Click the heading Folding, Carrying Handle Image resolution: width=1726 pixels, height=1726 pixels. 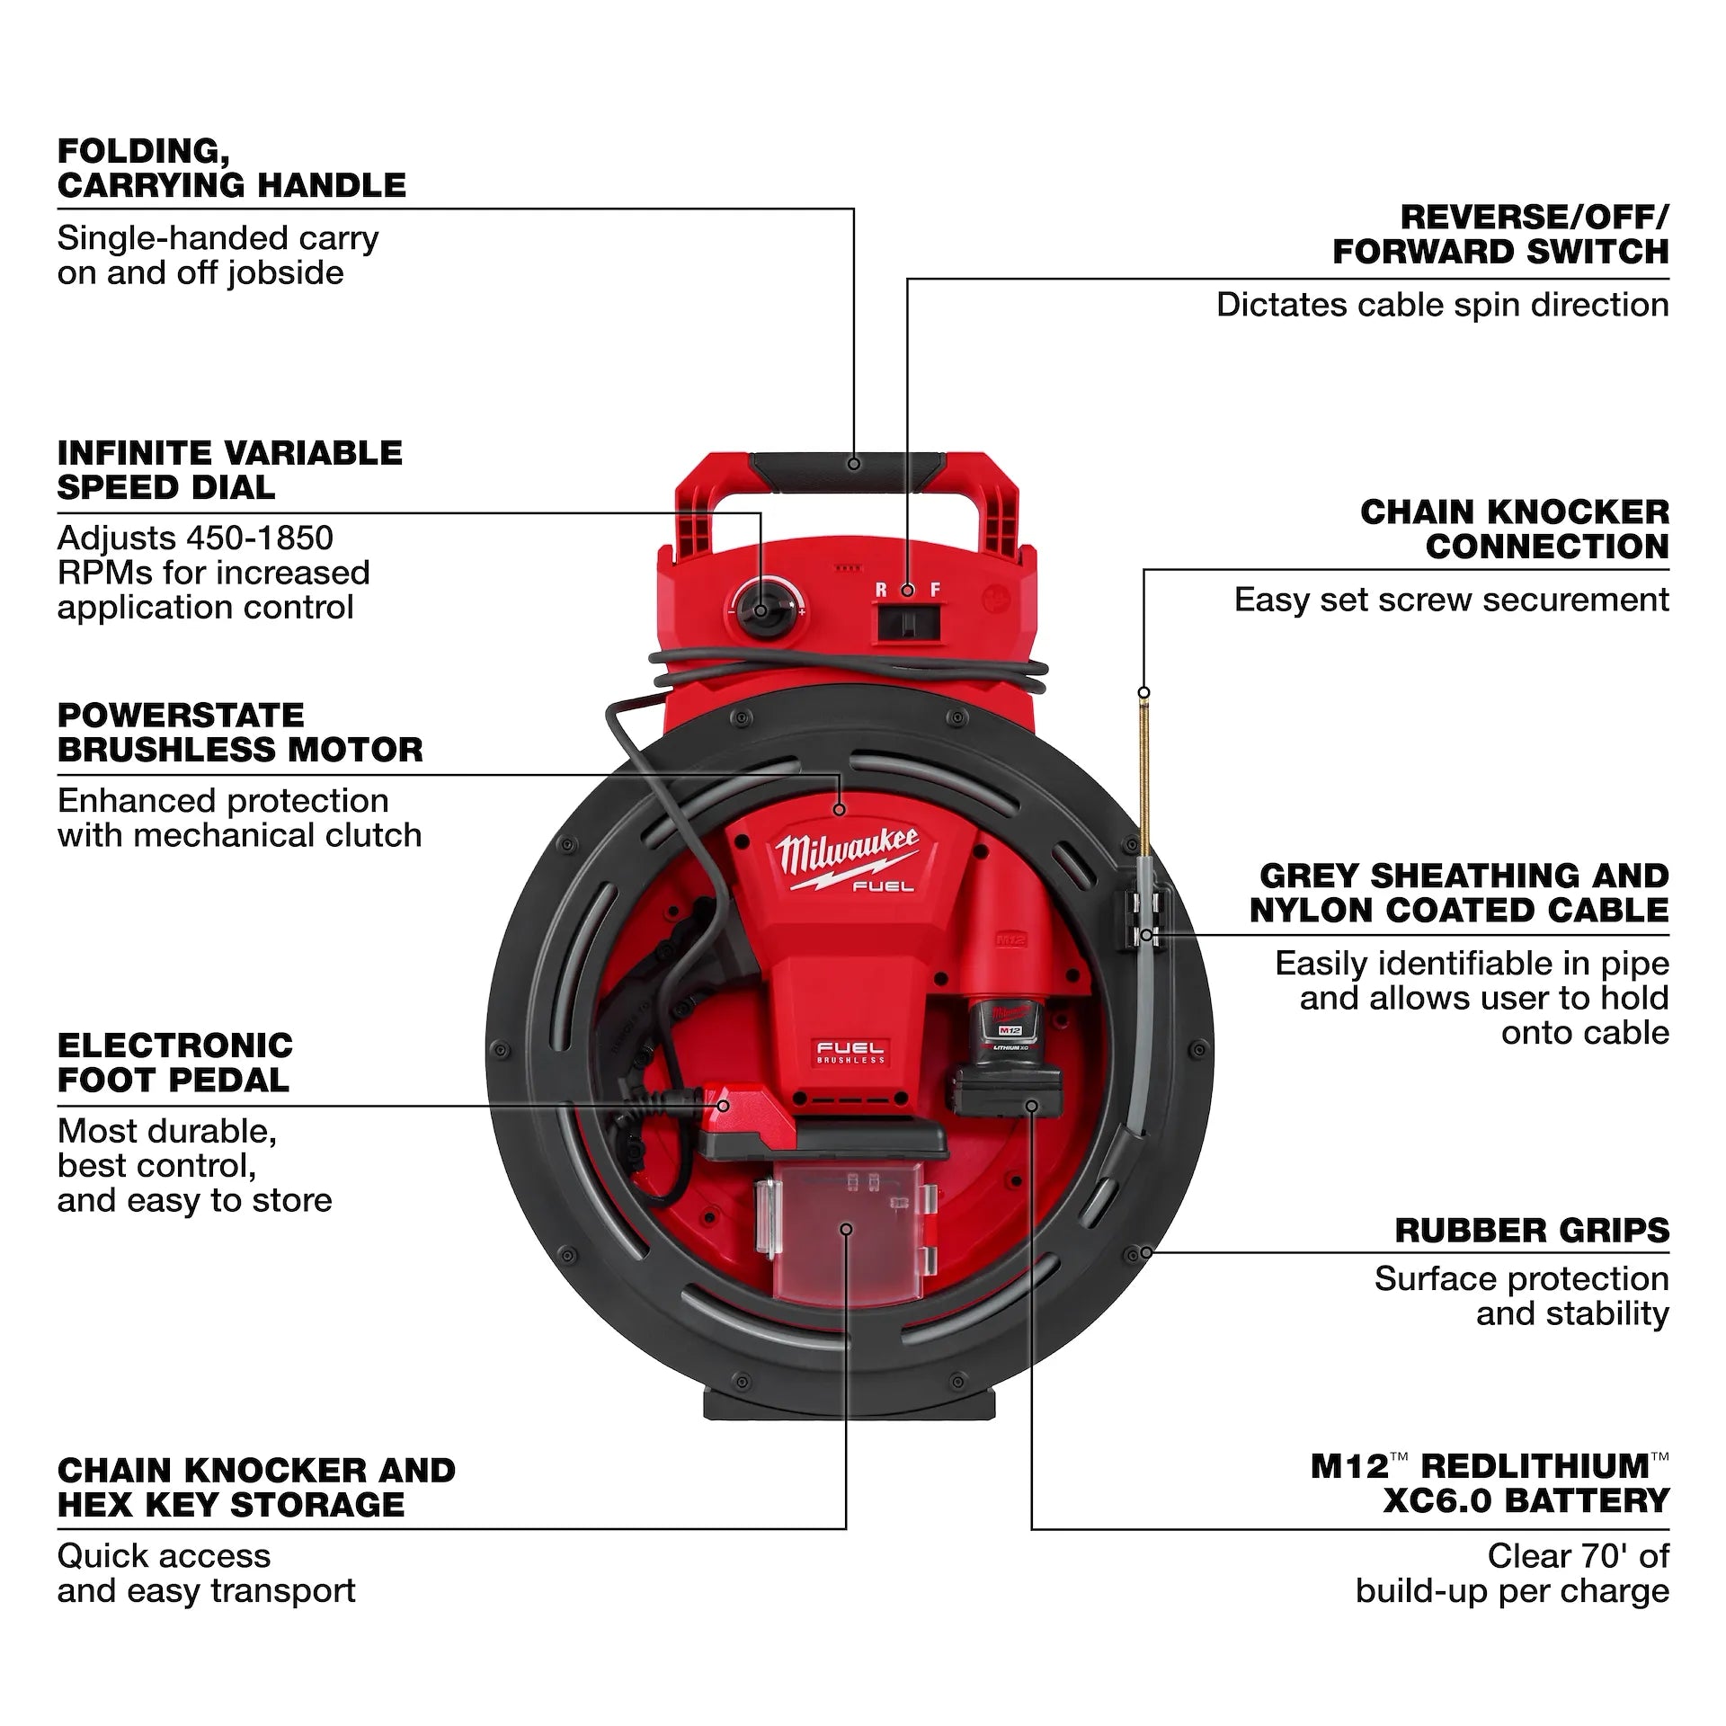coord(231,168)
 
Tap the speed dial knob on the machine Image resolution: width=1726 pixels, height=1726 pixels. coord(761,609)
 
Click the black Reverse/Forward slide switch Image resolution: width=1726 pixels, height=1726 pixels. coord(908,622)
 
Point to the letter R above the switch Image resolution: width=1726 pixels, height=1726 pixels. coord(881,590)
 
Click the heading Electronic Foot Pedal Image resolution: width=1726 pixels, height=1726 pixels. coord(175,1062)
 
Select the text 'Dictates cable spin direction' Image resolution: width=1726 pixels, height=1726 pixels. coord(1441,306)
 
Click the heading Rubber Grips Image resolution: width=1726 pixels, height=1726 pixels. coord(1531,1230)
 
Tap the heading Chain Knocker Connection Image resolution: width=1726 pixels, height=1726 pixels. coord(1514,529)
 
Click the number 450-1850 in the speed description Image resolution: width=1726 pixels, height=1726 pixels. coord(260,538)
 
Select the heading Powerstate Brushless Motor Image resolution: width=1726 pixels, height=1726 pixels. coord(239,732)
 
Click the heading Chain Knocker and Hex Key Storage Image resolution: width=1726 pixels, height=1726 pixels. coord(256,1487)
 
